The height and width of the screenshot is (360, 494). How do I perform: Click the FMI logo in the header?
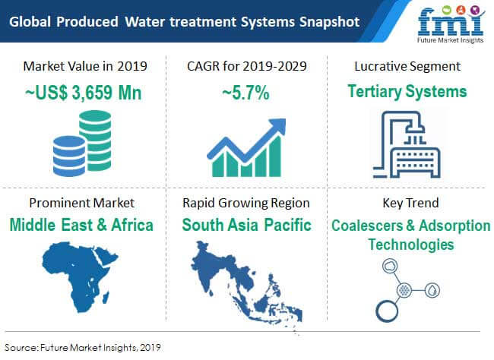(x=451, y=24)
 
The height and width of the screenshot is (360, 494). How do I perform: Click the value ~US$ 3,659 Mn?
(x=83, y=93)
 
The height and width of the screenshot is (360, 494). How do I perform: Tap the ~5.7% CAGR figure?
(x=245, y=93)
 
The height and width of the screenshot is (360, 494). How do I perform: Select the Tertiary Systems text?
(x=407, y=92)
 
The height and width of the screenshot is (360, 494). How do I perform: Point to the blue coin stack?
(x=69, y=156)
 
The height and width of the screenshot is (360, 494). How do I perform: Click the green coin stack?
(x=96, y=141)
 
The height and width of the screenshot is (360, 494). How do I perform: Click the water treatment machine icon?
(x=407, y=144)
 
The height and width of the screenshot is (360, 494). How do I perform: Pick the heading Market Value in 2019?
(x=85, y=66)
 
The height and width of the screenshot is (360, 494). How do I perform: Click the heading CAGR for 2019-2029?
(x=247, y=66)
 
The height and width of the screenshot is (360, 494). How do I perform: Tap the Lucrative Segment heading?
(x=407, y=67)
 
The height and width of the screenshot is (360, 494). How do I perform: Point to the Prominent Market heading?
(x=82, y=203)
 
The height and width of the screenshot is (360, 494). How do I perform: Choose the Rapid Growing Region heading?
(x=246, y=203)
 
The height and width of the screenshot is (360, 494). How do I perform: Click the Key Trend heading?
(x=410, y=203)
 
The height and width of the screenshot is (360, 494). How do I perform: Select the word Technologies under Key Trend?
(x=411, y=245)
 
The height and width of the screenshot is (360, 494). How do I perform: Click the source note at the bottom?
(x=83, y=347)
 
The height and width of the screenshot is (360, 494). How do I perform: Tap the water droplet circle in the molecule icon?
(x=432, y=290)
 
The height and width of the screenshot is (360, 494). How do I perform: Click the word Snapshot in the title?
(x=329, y=22)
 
